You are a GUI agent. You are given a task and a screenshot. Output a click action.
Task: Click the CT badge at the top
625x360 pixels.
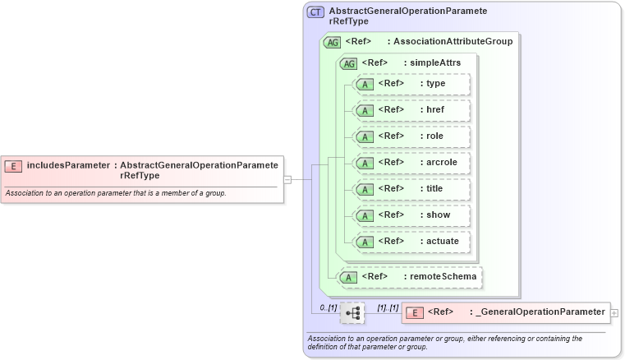315,12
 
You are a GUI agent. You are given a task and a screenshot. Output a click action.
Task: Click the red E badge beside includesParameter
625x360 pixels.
13,166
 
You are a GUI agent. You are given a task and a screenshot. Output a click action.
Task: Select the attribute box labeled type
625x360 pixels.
411,84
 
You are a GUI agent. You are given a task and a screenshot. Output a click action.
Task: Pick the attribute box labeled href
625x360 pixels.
411,110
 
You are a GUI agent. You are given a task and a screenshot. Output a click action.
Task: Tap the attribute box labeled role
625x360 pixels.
411,136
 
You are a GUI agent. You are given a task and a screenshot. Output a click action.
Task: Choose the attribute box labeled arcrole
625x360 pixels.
411,163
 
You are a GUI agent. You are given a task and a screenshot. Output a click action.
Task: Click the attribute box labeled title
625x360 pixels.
411,189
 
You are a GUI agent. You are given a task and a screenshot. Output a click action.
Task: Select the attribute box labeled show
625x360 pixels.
411,215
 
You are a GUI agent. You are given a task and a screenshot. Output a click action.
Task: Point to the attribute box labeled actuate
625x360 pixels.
411,242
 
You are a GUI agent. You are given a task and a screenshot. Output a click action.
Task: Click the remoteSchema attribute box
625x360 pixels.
410,277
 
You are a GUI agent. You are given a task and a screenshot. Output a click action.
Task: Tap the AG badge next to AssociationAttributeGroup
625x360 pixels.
333,42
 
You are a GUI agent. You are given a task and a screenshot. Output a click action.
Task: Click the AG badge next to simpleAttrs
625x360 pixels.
349,63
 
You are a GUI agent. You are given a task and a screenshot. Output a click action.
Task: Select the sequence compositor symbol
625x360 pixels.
352,312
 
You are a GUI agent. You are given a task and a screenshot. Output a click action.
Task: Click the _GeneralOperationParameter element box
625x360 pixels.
505,312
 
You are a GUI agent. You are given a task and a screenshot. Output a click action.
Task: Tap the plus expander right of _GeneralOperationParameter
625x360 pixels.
614,312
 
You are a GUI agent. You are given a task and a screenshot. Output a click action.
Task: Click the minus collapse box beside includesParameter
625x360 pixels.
287,178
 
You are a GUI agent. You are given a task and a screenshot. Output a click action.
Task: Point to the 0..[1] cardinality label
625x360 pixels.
328,307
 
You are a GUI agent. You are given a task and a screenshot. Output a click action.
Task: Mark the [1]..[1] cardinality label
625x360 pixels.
387,307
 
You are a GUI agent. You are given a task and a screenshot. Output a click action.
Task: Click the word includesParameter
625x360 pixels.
67,165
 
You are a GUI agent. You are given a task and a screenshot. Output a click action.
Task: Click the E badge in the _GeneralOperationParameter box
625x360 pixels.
416,312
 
